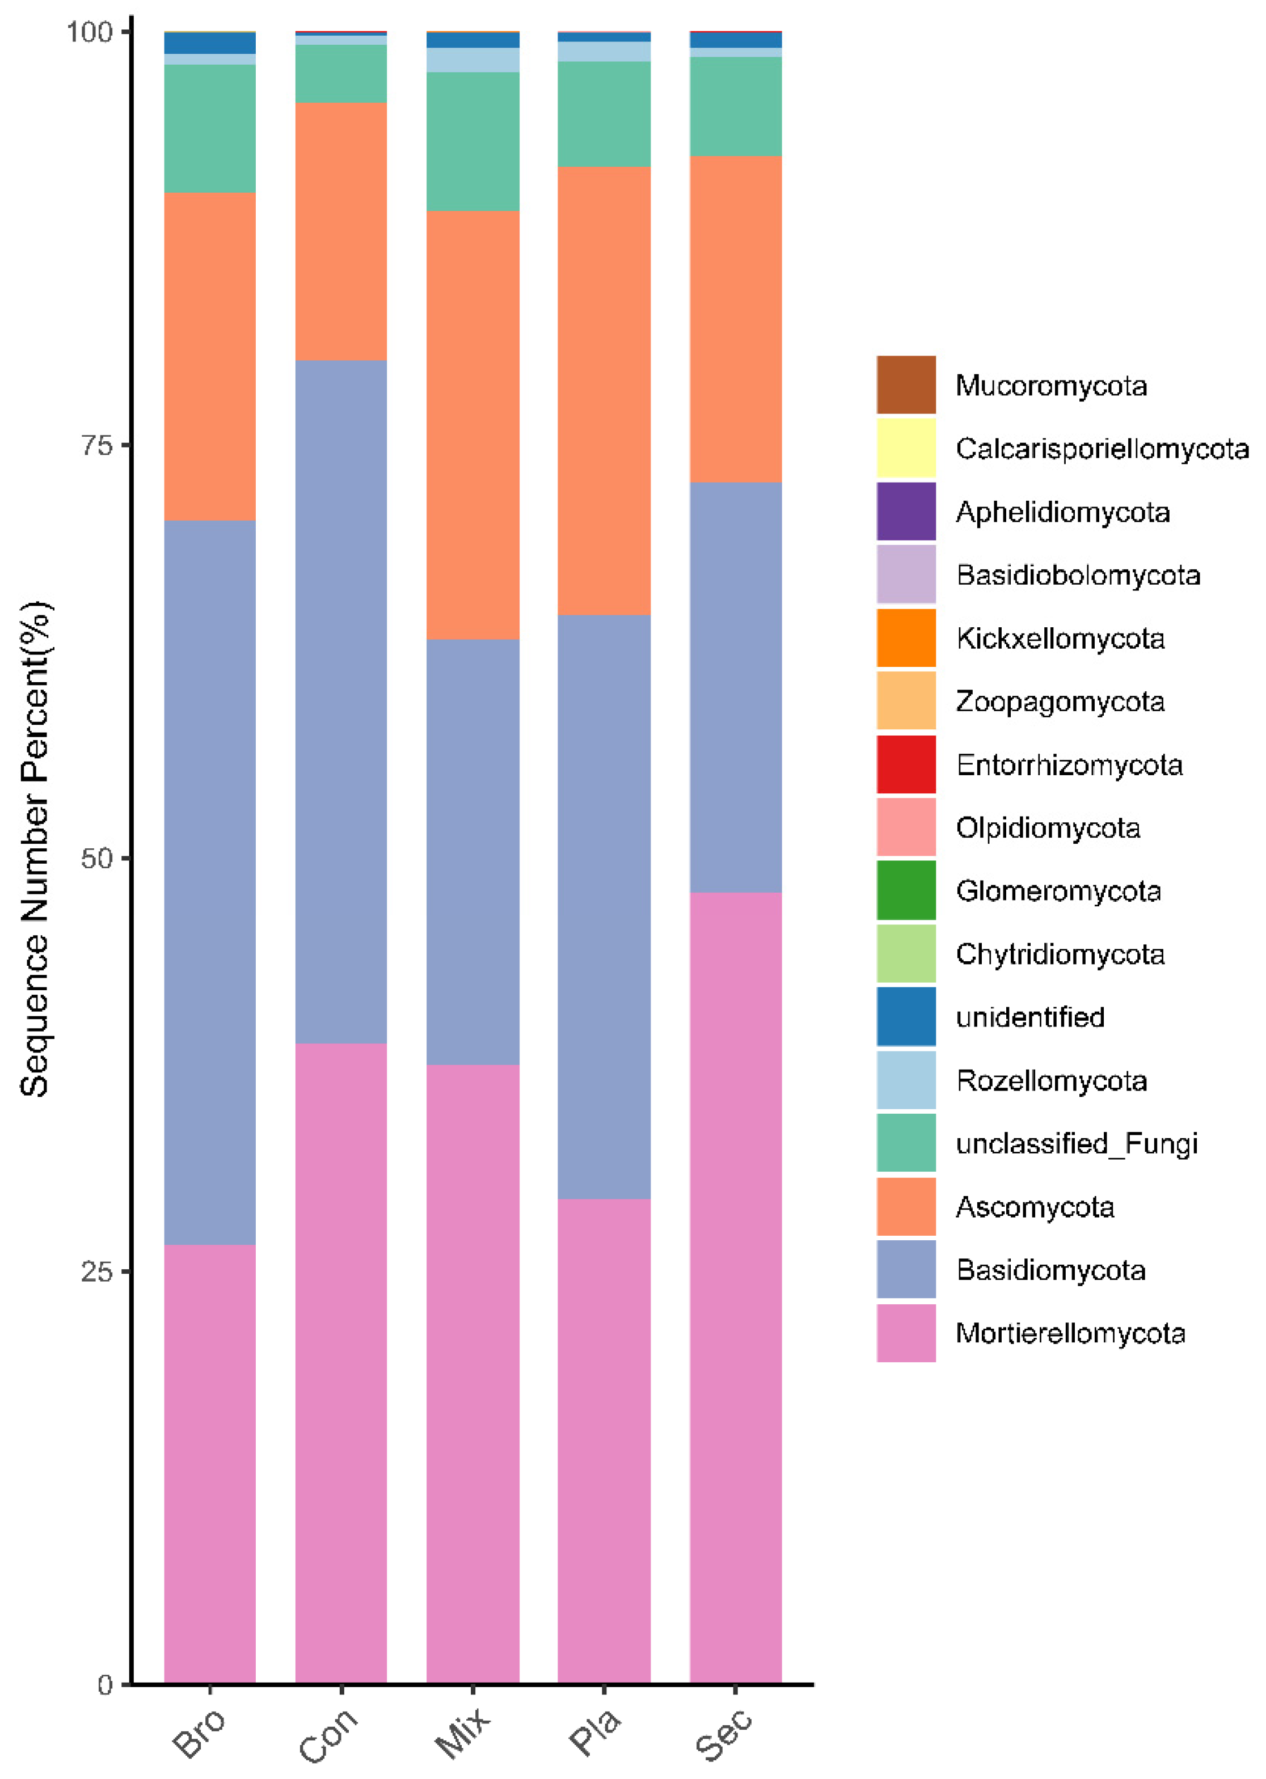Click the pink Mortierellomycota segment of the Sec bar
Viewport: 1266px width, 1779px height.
click(735, 1286)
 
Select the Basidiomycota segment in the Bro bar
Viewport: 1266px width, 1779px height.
click(210, 881)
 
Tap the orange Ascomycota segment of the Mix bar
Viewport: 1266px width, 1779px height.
click(472, 425)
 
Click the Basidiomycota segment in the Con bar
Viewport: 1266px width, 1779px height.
click(341, 702)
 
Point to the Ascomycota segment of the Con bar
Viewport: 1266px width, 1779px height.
click(341, 231)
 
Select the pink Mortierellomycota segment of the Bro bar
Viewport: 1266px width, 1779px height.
click(210, 1465)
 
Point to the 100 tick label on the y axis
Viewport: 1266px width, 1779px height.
click(90, 32)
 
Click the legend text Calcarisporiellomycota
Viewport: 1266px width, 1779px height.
click(1102, 449)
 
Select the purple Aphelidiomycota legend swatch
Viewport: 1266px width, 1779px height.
click(906, 511)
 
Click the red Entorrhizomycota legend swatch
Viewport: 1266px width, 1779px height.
click(906, 764)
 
